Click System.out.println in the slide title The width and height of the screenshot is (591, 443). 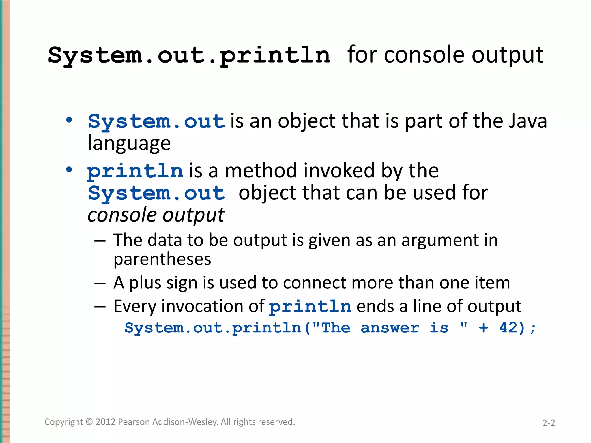point(189,55)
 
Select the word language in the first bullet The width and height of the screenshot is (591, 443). point(129,143)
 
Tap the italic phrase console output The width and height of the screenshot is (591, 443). point(156,215)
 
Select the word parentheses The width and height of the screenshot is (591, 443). point(162,259)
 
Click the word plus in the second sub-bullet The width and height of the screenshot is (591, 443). point(145,283)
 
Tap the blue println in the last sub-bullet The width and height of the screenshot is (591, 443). point(310,307)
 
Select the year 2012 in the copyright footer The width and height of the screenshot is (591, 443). point(106,422)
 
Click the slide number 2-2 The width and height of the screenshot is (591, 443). point(549,423)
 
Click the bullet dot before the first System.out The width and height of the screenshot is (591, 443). point(69,120)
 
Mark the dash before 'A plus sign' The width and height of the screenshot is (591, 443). point(100,283)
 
